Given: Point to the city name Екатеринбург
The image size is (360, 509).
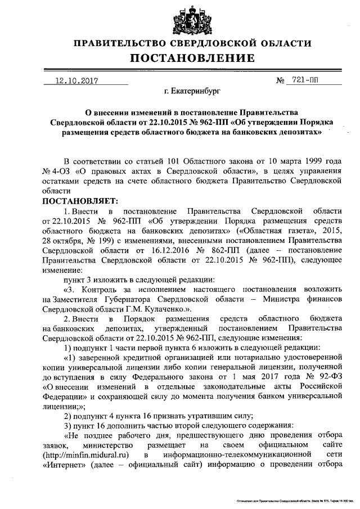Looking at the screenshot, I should [x=190, y=89].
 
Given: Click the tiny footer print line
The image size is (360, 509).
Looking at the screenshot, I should [x=292, y=499].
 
